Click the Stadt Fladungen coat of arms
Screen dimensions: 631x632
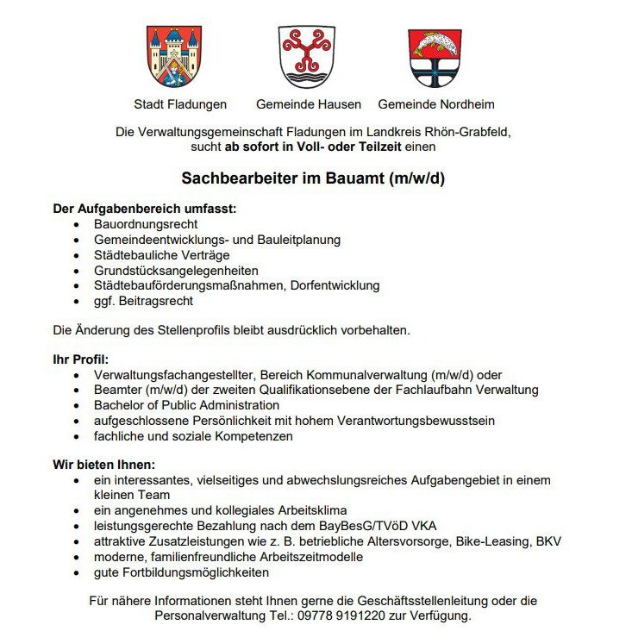(x=174, y=57)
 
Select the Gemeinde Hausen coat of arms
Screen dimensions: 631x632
(x=306, y=56)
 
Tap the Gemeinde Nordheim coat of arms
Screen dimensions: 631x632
(x=435, y=57)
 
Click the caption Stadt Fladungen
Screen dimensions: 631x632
(x=180, y=104)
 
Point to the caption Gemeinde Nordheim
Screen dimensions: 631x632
(x=436, y=104)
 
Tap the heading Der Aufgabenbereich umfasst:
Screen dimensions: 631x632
(x=145, y=209)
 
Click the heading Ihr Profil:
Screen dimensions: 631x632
(x=81, y=359)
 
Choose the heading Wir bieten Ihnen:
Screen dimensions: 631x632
(x=103, y=465)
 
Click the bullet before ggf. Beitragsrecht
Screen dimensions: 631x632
(x=78, y=302)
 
